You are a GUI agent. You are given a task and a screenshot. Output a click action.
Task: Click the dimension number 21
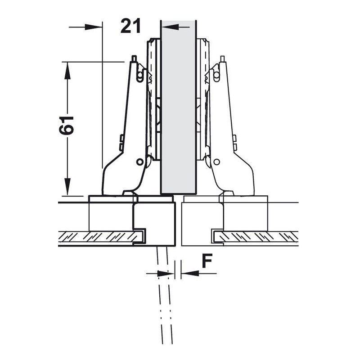[130, 26]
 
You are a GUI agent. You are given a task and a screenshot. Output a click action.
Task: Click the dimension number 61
[66, 126]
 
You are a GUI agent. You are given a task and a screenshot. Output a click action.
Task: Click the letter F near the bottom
[207, 261]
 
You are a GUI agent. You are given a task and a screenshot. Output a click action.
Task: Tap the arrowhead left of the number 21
[94, 27]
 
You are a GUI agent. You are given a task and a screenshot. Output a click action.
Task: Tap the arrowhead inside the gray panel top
[171, 27]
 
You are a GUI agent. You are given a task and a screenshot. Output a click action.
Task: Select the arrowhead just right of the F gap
[190, 274]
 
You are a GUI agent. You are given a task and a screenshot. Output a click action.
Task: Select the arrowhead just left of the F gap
[166, 274]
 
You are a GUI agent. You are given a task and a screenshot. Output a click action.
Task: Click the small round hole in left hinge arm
[139, 162]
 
